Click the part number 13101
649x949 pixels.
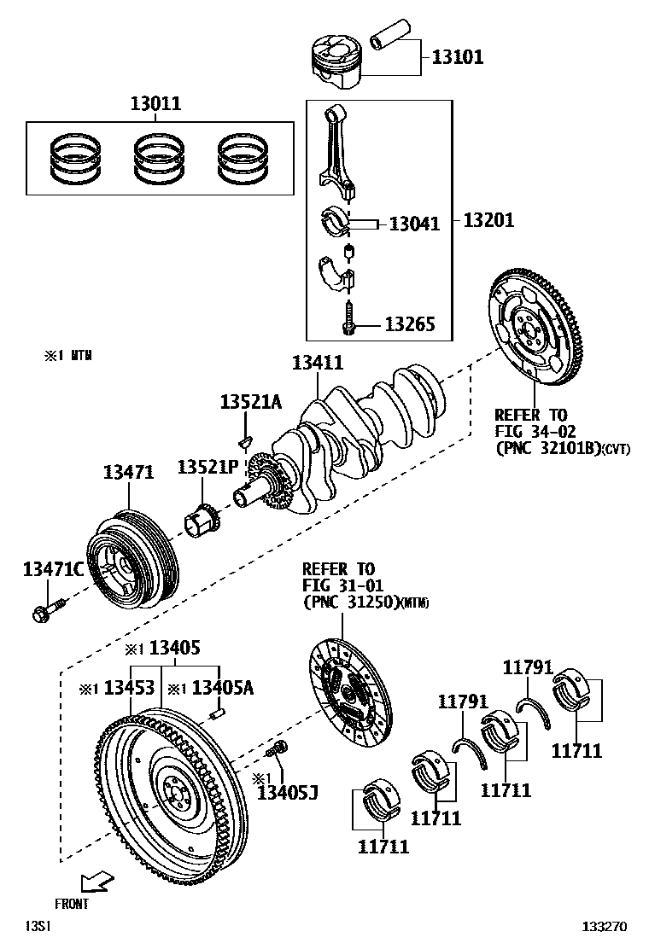(x=457, y=57)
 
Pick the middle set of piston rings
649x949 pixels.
(x=155, y=159)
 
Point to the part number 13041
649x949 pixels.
(x=414, y=224)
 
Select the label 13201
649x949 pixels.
(x=488, y=220)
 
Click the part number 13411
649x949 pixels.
(x=317, y=363)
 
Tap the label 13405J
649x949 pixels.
(x=287, y=794)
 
